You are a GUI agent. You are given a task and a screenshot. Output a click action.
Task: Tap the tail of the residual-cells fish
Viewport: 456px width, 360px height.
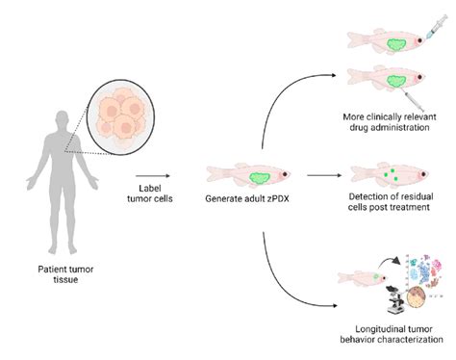[x=358, y=173]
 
